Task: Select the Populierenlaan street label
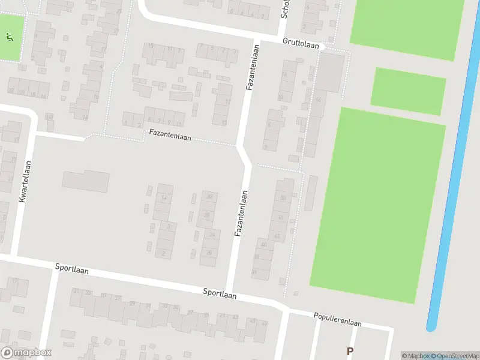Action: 337,319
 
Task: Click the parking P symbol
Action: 350,351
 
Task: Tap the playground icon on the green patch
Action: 9,37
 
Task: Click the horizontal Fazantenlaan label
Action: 170,137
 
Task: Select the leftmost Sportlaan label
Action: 71,270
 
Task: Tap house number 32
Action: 209,196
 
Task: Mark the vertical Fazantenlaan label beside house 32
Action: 241,213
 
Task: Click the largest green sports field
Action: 378,204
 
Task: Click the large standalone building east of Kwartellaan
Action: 86,181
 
